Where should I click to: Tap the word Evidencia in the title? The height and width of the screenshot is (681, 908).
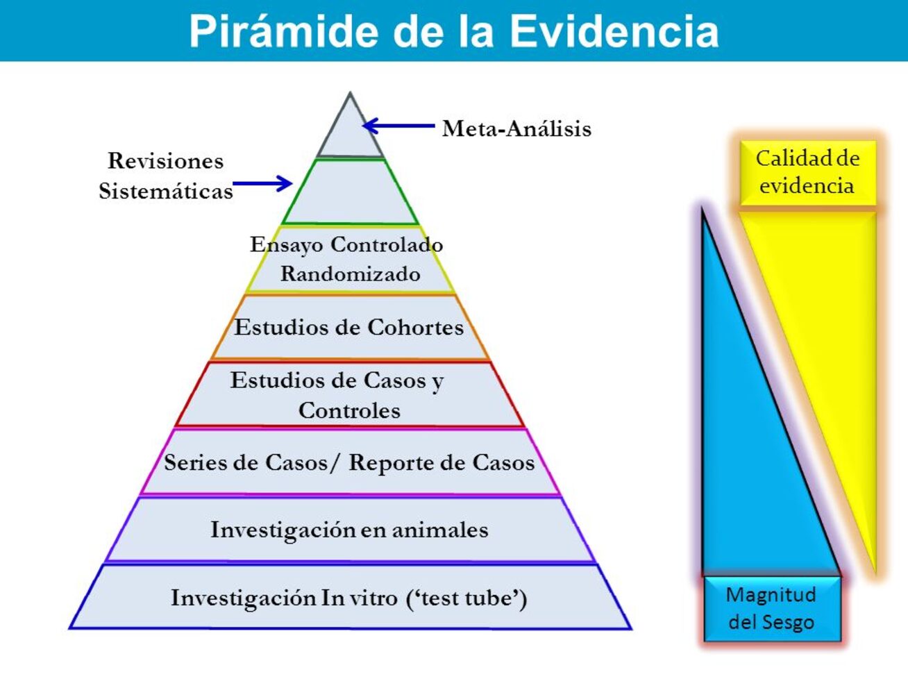point(615,31)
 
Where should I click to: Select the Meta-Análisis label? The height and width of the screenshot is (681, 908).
point(516,128)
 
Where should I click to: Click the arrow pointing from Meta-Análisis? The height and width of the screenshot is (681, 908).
point(398,126)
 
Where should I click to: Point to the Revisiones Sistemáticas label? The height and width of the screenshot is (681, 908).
point(165,176)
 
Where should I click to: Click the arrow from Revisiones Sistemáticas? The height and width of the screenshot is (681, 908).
point(262,183)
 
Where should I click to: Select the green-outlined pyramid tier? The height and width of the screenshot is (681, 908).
point(350,192)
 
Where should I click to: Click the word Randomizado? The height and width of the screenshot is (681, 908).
point(351,274)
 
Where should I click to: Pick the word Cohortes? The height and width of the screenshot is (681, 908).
point(415,328)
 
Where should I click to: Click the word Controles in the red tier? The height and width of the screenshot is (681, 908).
point(350,411)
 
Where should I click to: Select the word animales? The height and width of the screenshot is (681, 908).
point(440,530)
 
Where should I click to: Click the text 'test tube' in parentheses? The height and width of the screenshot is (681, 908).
point(466,598)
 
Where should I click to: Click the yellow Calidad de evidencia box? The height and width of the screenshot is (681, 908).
point(808,173)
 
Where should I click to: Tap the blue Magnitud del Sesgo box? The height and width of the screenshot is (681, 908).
point(773,609)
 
